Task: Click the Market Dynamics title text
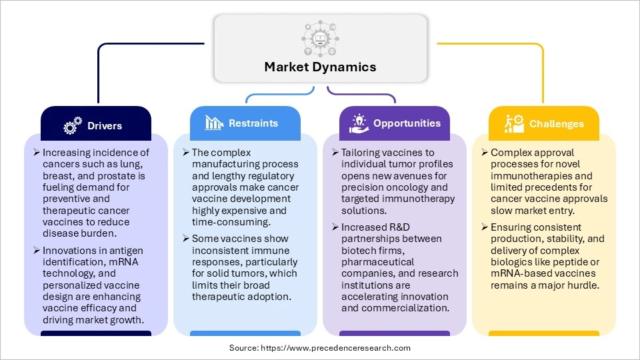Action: (320, 67)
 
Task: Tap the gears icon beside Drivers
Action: (72, 126)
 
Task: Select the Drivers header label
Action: (105, 125)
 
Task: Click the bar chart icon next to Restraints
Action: (214, 123)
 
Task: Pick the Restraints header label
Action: (253, 123)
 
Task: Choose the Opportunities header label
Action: (407, 123)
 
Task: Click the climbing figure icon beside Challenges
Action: (513, 123)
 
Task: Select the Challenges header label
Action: (557, 124)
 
